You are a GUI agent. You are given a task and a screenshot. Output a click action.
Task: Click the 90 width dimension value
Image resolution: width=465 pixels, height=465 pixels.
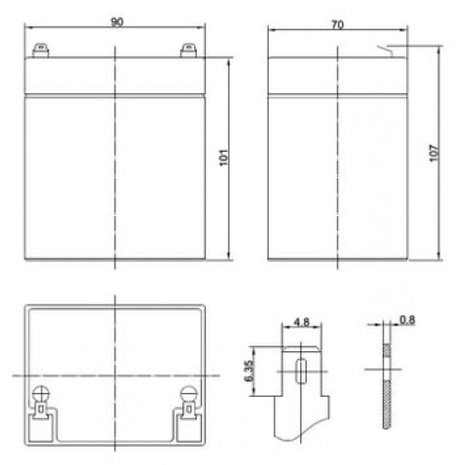click(117, 22)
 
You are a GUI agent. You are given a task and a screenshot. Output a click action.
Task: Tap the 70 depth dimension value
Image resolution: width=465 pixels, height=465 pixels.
click(337, 25)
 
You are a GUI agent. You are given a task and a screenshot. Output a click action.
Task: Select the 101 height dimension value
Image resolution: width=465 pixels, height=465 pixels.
click(224, 157)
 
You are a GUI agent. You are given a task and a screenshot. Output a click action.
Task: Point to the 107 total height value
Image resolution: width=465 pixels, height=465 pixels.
click(433, 153)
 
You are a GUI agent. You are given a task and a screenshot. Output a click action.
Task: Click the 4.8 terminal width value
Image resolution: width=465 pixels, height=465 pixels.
click(301, 322)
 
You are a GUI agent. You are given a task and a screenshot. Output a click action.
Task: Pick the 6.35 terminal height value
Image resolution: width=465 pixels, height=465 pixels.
click(249, 370)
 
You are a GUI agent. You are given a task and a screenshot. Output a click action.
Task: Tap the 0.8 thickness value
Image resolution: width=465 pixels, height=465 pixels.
click(407, 320)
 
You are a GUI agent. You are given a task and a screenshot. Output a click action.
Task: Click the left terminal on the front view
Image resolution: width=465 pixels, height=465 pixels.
click(40, 50)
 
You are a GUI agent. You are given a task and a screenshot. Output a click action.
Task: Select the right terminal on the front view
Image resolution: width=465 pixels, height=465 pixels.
click(188, 50)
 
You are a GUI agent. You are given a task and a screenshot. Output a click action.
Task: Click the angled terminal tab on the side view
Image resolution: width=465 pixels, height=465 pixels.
click(385, 50)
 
